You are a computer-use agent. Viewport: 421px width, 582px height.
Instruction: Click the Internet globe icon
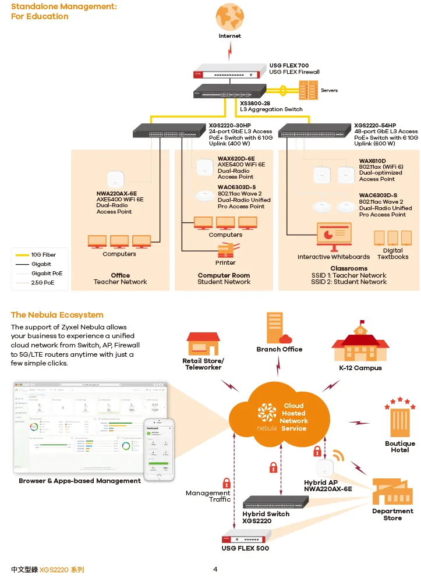pyautogui.click(x=229, y=17)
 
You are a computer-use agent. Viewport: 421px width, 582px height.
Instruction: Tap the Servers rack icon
pyautogui.click(x=308, y=90)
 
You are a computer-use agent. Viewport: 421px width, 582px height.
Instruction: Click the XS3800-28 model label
pyautogui.click(x=255, y=102)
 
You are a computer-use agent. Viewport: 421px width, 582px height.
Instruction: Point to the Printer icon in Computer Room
pyautogui.click(x=226, y=250)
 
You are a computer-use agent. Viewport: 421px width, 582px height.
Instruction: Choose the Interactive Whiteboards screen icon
pyautogui.click(x=334, y=235)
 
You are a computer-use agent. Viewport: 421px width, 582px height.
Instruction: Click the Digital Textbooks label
pyautogui.click(x=392, y=254)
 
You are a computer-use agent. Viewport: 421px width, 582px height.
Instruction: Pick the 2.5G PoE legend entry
pyautogui.click(x=42, y=283)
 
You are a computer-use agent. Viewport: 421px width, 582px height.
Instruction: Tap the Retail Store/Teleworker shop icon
pyautogui.click(x=203, y=344)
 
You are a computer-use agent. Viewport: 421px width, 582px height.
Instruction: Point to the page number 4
pyautogui.click(x=215, y=569)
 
